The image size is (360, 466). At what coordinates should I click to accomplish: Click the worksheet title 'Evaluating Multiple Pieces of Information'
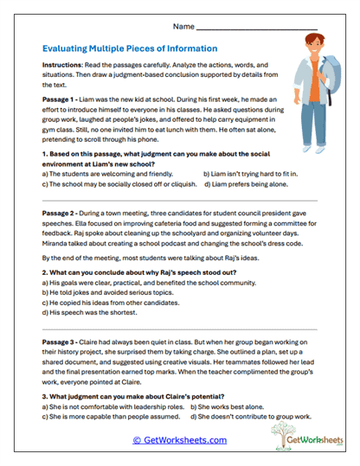pyautogui.click(x=129, y=48)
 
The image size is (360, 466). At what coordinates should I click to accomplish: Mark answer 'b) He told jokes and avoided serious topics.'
pyautogui.click(x=104, y=293)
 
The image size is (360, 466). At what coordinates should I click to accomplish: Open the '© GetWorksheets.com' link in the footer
pyautogui.click(x=179, y=440)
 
